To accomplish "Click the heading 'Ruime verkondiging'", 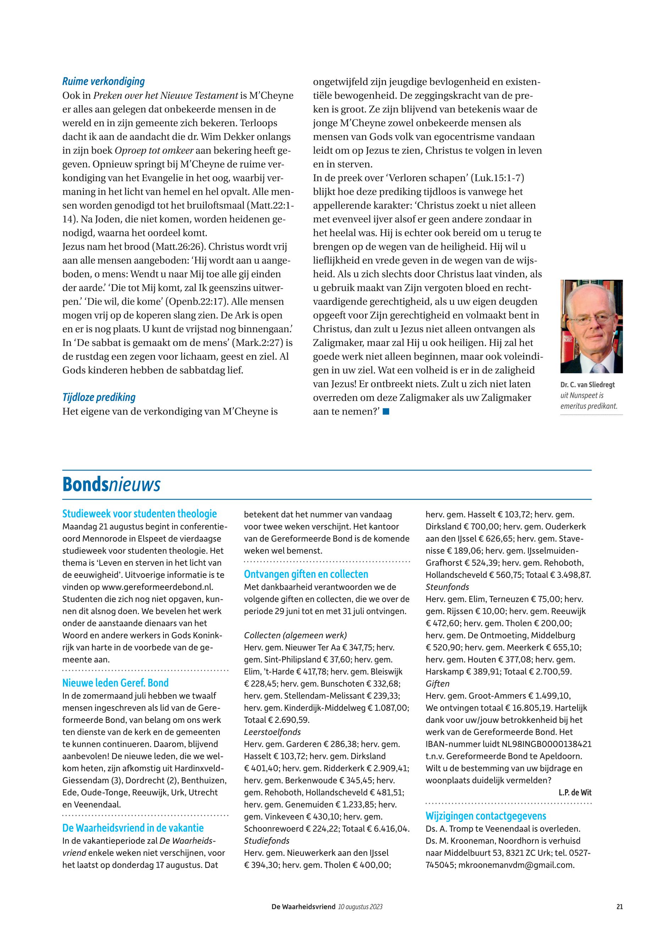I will click(103, 82).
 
